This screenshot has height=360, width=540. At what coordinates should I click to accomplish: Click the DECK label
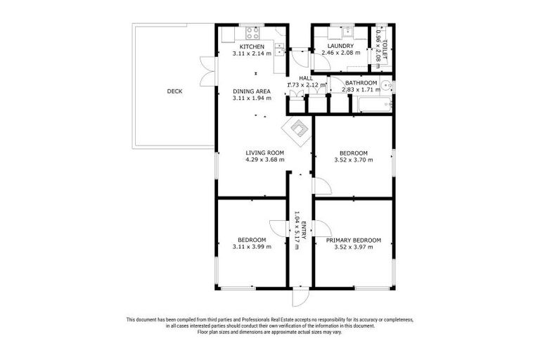click(x=174, y=91)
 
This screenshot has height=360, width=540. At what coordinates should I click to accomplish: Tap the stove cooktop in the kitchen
click(x=252, y=32)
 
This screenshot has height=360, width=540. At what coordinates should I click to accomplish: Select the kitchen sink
click(x=279, y=48)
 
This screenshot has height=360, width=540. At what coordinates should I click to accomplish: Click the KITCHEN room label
click(x=252, y=46)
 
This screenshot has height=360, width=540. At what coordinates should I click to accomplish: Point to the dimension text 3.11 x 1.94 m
click(x=252, y=98)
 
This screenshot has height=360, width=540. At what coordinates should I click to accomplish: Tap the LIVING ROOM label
click(x=264, y=153)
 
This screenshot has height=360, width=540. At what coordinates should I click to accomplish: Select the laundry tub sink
click(x=347, y=32)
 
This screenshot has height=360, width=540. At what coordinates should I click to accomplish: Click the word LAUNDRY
click(x=341, y=46)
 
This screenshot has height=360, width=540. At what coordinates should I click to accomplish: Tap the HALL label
click(x=305, y=78)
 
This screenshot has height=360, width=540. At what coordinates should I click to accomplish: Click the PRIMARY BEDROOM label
click(x=354, y=240)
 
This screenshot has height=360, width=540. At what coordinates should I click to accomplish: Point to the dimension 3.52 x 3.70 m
click(x=353, y=160)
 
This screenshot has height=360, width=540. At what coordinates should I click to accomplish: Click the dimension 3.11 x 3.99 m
click(x=252, y=246)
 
